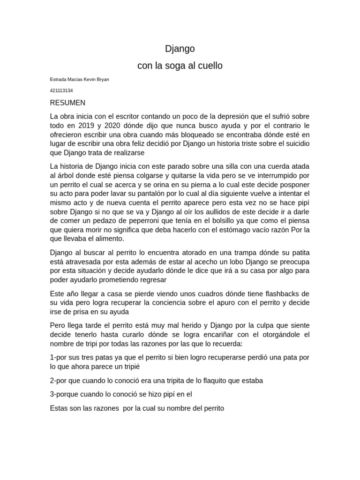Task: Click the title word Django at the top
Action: pyautogui.click(x=180, y=49)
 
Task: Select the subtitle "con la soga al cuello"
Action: pyautogui.click(x=180, y=66)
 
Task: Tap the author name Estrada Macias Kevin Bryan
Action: pyautogui.click(x=79, y=80)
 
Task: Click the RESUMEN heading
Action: pyautogui.click(x=67, y=103)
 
